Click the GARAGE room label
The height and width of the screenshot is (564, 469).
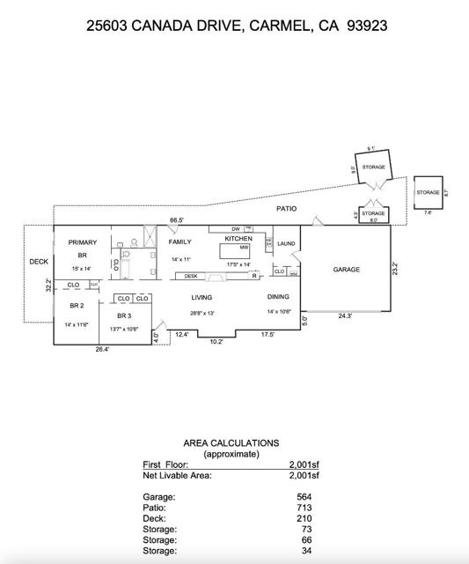pyautogui.click(x=346, y=270)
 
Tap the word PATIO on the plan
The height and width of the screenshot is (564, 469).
pyautogui.click(x=286, y=209)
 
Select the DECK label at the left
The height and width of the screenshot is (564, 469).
pyautogui.click(x=39, y=262)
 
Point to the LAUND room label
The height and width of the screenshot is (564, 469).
pyautogui.click(x=286, y=243)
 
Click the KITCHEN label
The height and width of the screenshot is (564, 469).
pyautogui.click(x=238, y=239)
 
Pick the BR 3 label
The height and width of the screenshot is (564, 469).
pyautogui.click(x=123, y=315)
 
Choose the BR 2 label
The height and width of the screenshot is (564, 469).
pyautogui.click(x=77, y=306)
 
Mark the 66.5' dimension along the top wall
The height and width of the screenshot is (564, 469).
pyautogui.click(x=176, y=220)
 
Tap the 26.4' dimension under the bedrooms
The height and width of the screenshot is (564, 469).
pyautogui.click(x=101, y=350)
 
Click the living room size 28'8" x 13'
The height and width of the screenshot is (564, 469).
pyautogui.click(x=202, y=313)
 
